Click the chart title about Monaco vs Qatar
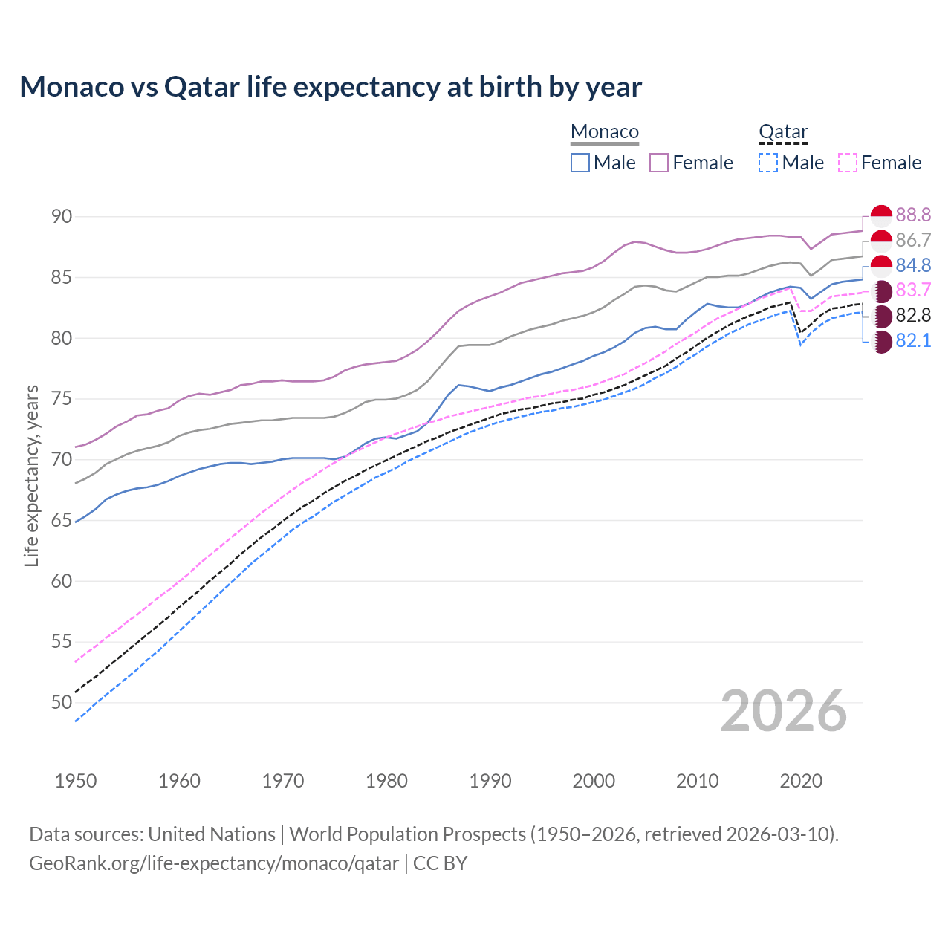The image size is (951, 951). [331, 87]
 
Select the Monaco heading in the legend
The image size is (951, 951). [605, 132]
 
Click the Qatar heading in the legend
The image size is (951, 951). [783, 132]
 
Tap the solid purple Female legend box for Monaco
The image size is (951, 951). [659, 163]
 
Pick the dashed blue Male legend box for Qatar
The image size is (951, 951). [768, 163]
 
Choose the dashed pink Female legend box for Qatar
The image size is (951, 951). [848, 163]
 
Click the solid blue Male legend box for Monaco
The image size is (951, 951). [580, 163]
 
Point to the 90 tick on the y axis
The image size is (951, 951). [62, 216]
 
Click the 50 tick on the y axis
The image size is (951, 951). [62, 702]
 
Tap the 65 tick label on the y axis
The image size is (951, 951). [62, 520]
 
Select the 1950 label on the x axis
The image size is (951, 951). [76, 781]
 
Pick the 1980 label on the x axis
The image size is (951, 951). [386, 781]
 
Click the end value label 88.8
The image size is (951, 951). [913, 215]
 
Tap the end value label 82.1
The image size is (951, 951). [913, 340]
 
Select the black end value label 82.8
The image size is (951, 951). [913, 315]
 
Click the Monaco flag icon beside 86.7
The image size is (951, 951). [881, 240]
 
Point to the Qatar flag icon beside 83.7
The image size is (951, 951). [881, 291]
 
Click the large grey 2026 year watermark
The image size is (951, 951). [784, 711]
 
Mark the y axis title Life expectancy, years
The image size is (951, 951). [32, 475]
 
